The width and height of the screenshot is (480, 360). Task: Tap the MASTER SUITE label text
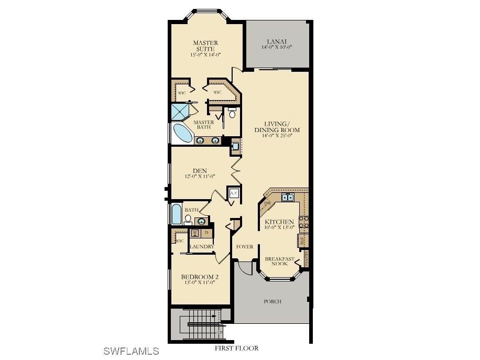[x=205, y=46]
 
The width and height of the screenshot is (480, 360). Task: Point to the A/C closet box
[x=234, y=193]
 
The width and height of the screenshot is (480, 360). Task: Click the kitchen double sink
[x=288, y=198]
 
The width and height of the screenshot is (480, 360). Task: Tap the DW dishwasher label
[x=267, y=204]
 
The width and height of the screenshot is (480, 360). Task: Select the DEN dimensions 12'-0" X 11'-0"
[x=199, y=177]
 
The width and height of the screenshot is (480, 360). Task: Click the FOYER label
[x=245, y=246]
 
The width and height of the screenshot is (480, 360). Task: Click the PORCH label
[x=272, y=301]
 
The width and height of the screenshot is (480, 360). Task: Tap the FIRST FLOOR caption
[x=236, y=348]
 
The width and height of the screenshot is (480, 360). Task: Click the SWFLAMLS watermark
[x=131, y=351]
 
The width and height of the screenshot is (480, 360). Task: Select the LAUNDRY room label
[x=201, y=246]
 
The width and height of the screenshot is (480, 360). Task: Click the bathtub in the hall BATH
[x=176, y=214]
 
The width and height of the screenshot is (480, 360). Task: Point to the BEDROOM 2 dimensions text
[x=199, y=283]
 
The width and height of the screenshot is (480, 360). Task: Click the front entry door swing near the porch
[x=244, y=267]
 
